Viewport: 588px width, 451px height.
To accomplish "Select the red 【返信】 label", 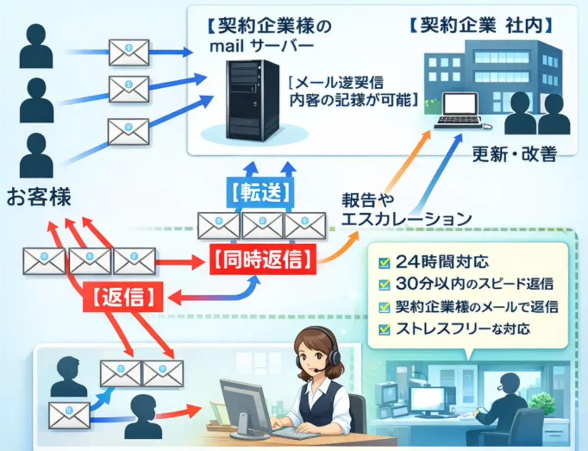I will (x=125, y=297).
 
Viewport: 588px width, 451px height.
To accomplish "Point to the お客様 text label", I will (x=39, y=198).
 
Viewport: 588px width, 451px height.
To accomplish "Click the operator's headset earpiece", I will (x=335, y=357).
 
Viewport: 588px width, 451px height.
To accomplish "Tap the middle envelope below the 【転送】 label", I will (x=262, y=225).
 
